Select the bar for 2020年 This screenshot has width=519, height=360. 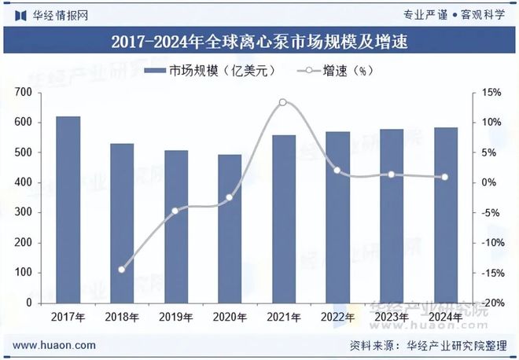pos(230,228)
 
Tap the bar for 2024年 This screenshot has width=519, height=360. pos(445,215)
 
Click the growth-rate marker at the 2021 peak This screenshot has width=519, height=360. pos(283,102)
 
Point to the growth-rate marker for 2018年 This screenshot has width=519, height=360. pos(122,270)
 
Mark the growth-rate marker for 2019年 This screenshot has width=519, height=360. pos(175,211)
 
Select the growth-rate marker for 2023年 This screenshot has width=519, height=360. pos(391,174)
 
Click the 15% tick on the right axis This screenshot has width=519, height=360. pos(489,93)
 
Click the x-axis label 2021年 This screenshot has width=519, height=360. pos(283,317)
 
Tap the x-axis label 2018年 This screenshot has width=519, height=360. pos(122,317)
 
